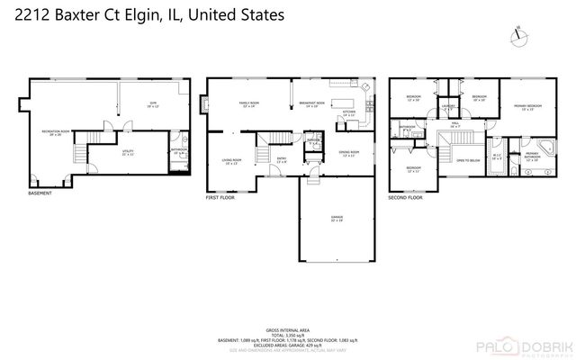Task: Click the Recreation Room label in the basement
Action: point(56,133)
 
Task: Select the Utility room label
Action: point(129,153)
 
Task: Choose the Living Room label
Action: point(230,161)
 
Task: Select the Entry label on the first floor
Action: point(281,160)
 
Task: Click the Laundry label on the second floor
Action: point(446,109)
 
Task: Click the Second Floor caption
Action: point(405,196)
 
